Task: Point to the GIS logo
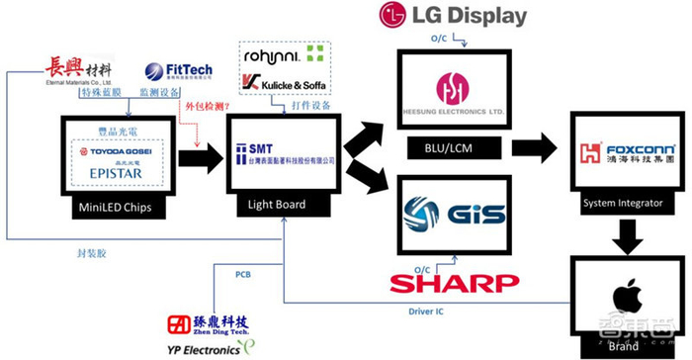(x=455, y=215)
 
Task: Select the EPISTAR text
(x=117, y=171)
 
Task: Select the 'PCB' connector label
(x=242, y=274)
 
